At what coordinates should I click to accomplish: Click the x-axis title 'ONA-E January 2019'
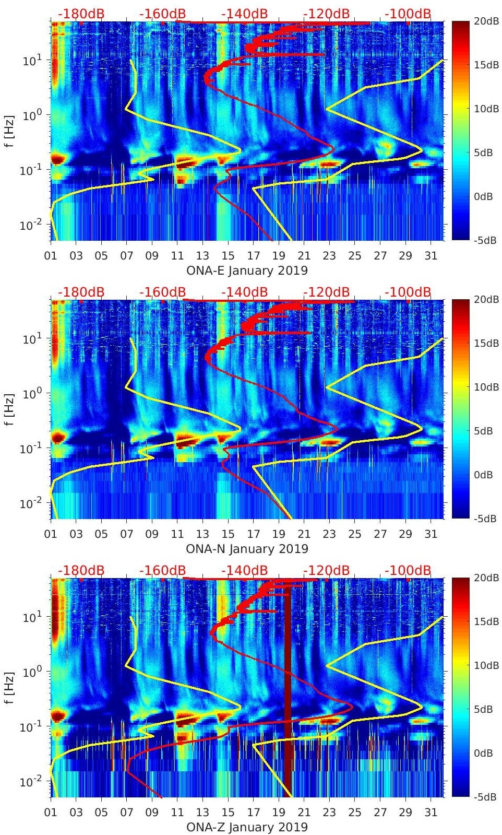pyautogui.click(x=247, y=271)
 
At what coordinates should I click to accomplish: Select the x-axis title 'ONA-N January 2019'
pyautogui.click(x=247, y=549)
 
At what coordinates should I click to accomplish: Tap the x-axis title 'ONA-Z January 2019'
pyautogui.click(x=247, y=827)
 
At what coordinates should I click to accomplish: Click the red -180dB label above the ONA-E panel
pyautogui.click(x=81, y=14)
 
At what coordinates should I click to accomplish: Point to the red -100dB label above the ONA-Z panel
pyautogui.click(x=408, y=570)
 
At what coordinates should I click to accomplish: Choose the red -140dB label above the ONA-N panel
pyautogui.click(x=244, y=292)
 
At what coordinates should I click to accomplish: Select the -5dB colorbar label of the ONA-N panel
pyautogui.click(x=482, y=519)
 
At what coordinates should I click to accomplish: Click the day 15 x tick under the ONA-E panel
pyautogui.click(x=228, y=256)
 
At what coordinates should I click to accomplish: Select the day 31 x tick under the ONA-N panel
pyautogui.click(x=431, y=534)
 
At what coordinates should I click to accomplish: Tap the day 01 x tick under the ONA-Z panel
pyautogui.click(x=51, y=813)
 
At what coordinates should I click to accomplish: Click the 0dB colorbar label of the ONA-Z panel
pyautogui.click(x=482, y=753)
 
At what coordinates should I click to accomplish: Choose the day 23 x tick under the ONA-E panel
pyautogui.click(x=329, y=256)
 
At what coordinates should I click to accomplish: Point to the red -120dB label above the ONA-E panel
pyautogui.click(x=326, y=14)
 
